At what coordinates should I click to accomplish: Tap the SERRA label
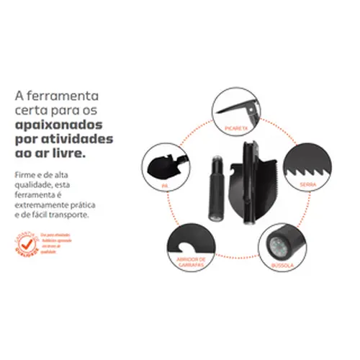point(309,184)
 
